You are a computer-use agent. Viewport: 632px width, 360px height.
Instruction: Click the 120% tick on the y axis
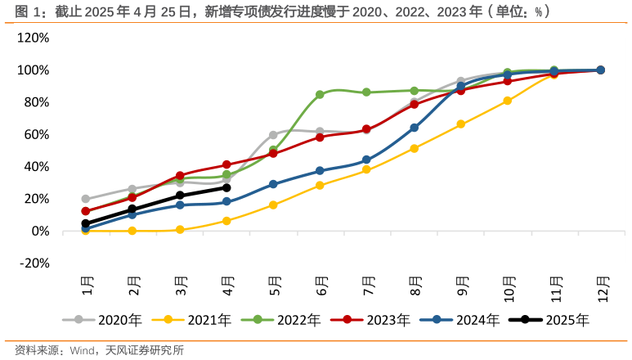(x=34, y=38)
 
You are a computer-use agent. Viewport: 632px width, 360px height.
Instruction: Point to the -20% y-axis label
(x=34, y=263)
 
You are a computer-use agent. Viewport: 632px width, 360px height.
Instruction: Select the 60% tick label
(x=37, y=134)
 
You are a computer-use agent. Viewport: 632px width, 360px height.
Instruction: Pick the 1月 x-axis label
(x=87, y=287)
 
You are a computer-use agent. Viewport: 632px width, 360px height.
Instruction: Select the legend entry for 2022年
(x=289, y=320)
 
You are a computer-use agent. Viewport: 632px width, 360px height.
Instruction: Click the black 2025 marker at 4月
(x=226, y=187)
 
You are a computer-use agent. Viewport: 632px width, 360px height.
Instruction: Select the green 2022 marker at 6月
(x=320, y=94)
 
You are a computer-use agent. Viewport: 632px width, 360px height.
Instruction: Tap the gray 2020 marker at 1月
(x=86, y=199)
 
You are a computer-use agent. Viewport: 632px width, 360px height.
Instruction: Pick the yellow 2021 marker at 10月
(x=508, y=101)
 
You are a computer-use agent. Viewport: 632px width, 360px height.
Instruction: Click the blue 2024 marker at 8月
(x=415, y=128)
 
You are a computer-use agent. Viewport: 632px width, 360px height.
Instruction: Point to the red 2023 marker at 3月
(x=180, y=176)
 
